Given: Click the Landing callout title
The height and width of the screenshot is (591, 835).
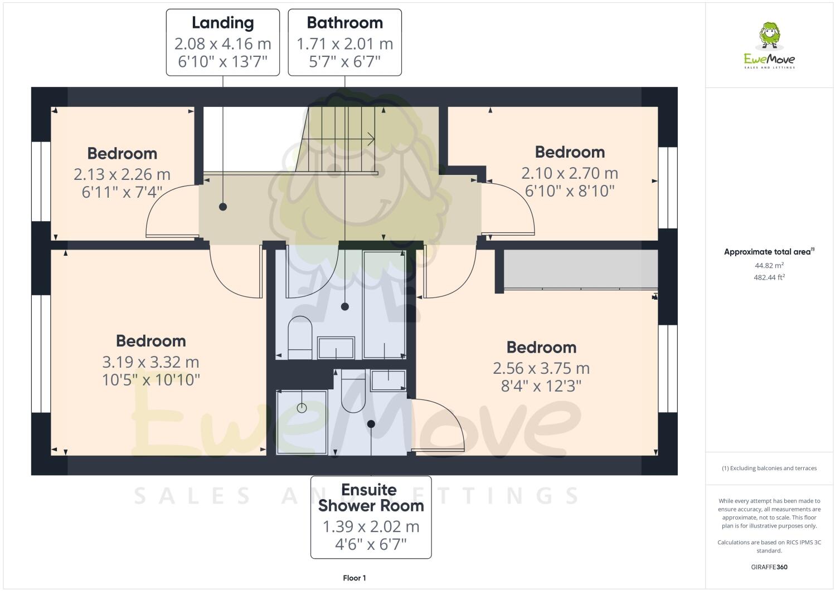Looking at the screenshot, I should [222, 23].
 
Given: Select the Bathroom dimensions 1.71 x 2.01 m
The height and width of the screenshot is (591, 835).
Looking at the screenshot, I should [344, 44].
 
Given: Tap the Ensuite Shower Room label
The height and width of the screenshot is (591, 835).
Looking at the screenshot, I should [371, 497].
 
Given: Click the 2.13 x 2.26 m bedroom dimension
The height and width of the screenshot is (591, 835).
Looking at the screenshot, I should [122, 174].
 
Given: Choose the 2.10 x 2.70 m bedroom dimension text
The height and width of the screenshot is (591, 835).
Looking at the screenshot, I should [569, 173].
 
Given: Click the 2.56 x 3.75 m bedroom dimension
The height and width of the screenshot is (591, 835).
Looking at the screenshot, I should [541, 368].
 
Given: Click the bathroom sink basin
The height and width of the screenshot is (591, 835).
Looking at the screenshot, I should [336, 348].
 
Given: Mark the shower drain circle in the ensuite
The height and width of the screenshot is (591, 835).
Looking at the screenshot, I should [302, 408].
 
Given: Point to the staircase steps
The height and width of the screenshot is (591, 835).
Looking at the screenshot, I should [341, 139].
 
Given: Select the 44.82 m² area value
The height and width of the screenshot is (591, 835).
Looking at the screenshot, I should [769, 266].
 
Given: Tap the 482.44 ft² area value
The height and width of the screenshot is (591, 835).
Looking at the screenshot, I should [769, 277].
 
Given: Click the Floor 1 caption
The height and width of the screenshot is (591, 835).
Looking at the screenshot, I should [354, 578].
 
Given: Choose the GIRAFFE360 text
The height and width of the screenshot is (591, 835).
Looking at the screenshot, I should [769, 567].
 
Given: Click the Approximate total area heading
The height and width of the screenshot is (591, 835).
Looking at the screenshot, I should [768, 252].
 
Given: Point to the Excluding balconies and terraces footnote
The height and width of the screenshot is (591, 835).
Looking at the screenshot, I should [769, 468].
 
